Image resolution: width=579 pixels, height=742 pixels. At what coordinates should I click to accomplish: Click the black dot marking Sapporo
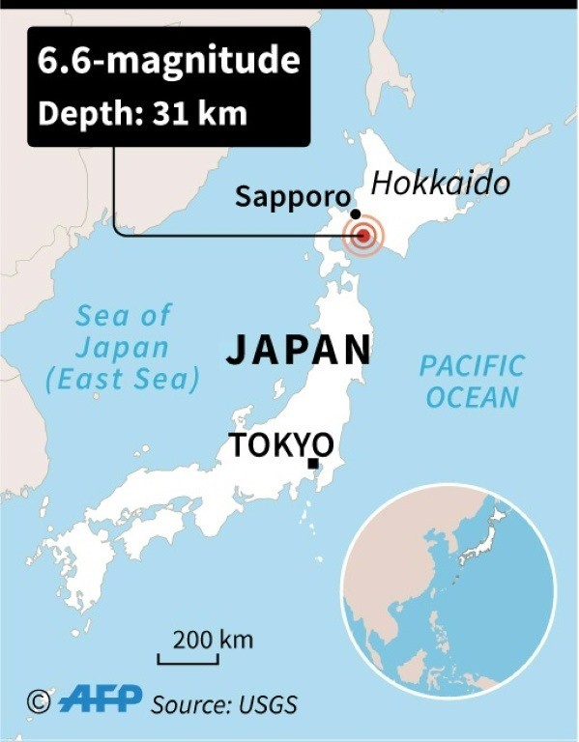click(356, 214)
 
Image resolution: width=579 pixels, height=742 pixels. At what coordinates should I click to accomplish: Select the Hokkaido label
click(440, 184)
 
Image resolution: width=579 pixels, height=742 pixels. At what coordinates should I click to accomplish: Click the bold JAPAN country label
click(299, 351)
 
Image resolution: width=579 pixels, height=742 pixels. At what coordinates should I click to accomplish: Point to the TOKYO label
click(280, 445)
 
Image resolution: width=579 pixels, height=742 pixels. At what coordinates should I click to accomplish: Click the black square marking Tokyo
click(312, 465)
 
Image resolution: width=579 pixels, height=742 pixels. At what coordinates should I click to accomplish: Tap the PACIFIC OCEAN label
click(472, 382)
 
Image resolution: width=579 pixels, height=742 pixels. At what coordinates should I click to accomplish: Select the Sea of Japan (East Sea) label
click(123, 347)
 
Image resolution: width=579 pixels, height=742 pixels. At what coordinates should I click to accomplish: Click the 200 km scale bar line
click(188, 662)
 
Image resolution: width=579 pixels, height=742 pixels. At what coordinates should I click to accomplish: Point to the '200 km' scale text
click(213, 639)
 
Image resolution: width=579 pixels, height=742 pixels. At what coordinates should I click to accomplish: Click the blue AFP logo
click(100, 699)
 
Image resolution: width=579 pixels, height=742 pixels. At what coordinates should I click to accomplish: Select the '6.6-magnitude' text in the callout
click(168, 61)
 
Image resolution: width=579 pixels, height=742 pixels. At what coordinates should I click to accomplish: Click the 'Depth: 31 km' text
click(142, 113)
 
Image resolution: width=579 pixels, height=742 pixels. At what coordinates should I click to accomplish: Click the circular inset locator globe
click(449, 591)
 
